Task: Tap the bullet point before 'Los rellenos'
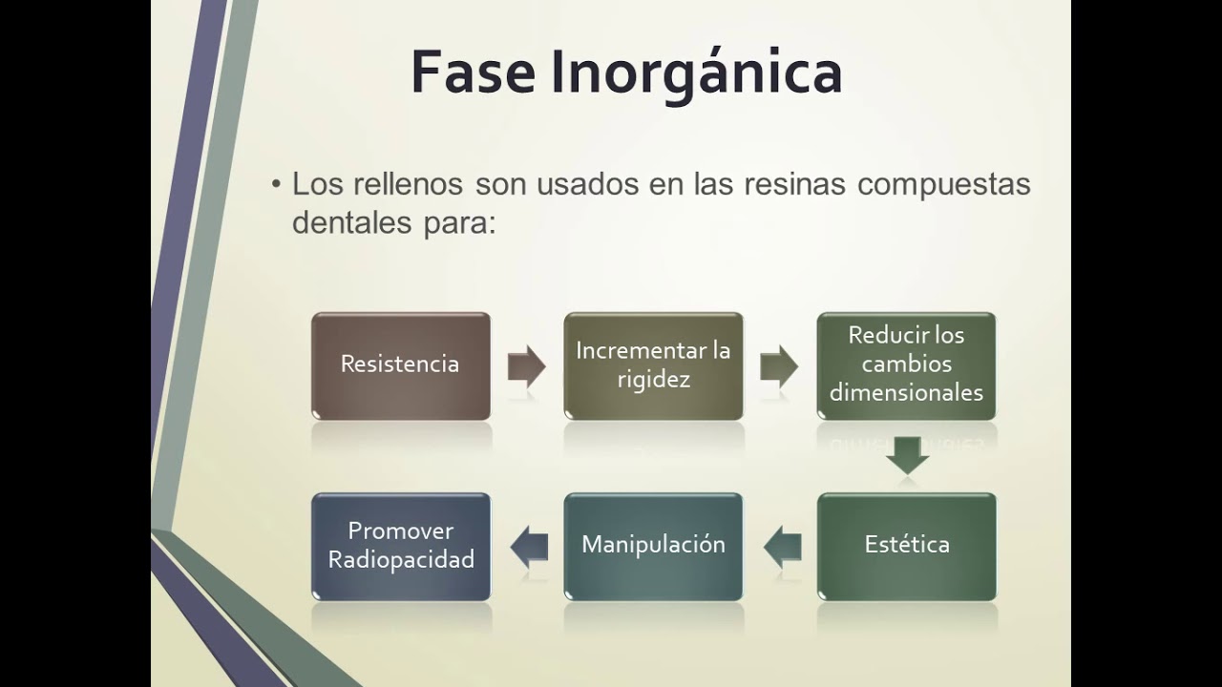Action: pos(277,184)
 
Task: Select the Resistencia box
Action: pos(400,365)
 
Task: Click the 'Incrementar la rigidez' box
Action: pos(653,365)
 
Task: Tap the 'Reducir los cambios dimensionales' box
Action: pos(906,365)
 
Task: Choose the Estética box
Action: pos(906,546)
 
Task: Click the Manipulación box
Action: pos(653,546)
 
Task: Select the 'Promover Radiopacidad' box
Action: pos(400,546)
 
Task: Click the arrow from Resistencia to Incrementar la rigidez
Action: pos(526,366)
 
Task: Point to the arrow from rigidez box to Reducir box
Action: pos(779,366)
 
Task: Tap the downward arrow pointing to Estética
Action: pos(907,455)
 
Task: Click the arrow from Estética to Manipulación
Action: pos(782,546)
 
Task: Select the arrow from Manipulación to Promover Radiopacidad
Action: pos(529,546)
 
